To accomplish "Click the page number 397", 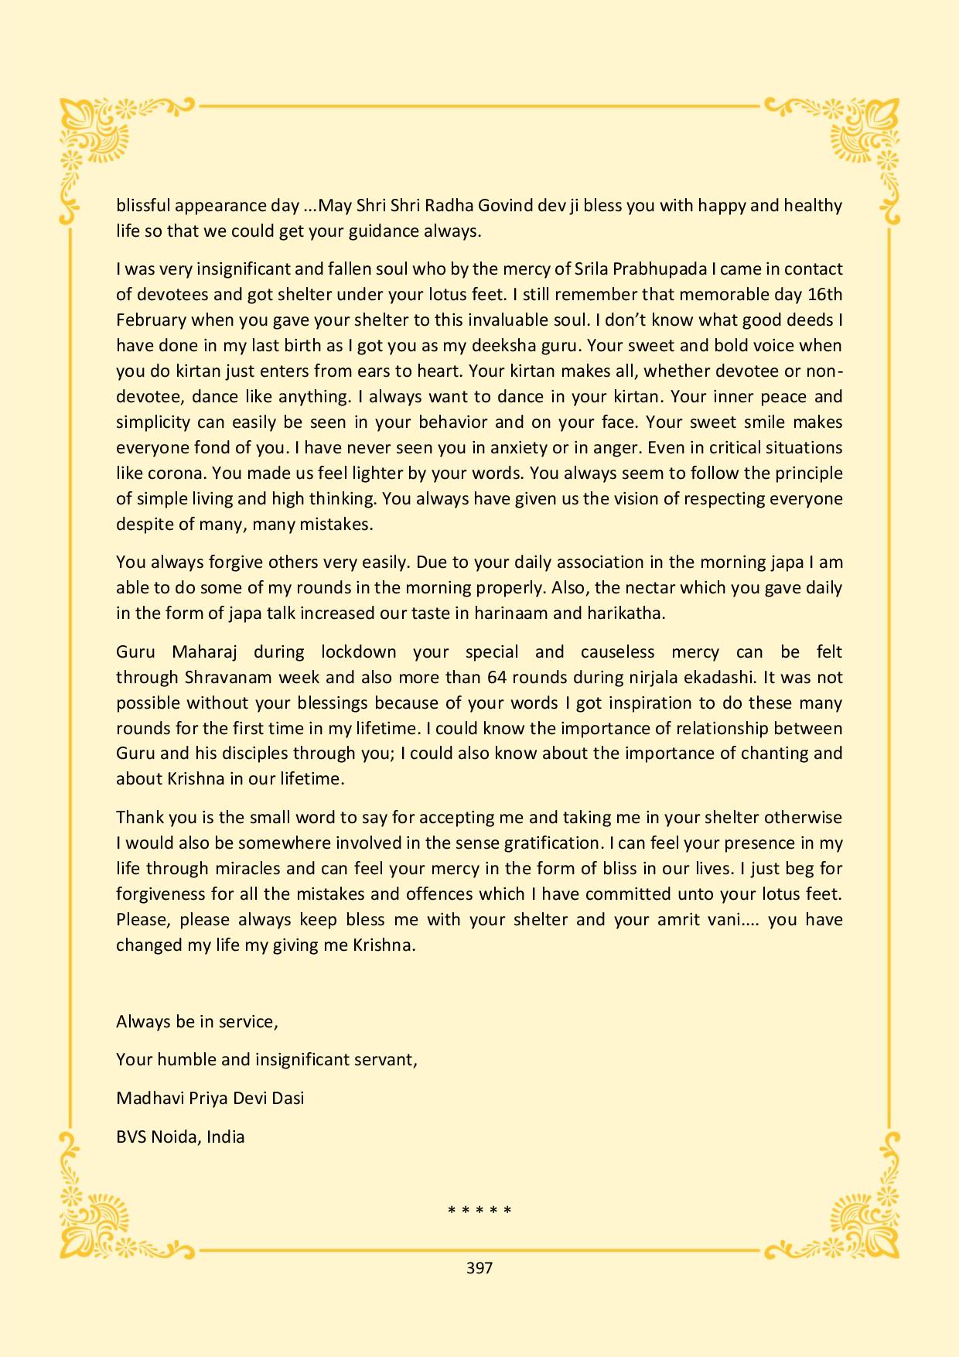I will click(479, 1268).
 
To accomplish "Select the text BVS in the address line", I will click(131, 1137).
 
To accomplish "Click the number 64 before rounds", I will click(497, 677).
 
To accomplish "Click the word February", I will click(151, 320).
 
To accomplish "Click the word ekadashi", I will click(717, 677).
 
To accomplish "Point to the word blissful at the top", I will click(143, 206).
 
